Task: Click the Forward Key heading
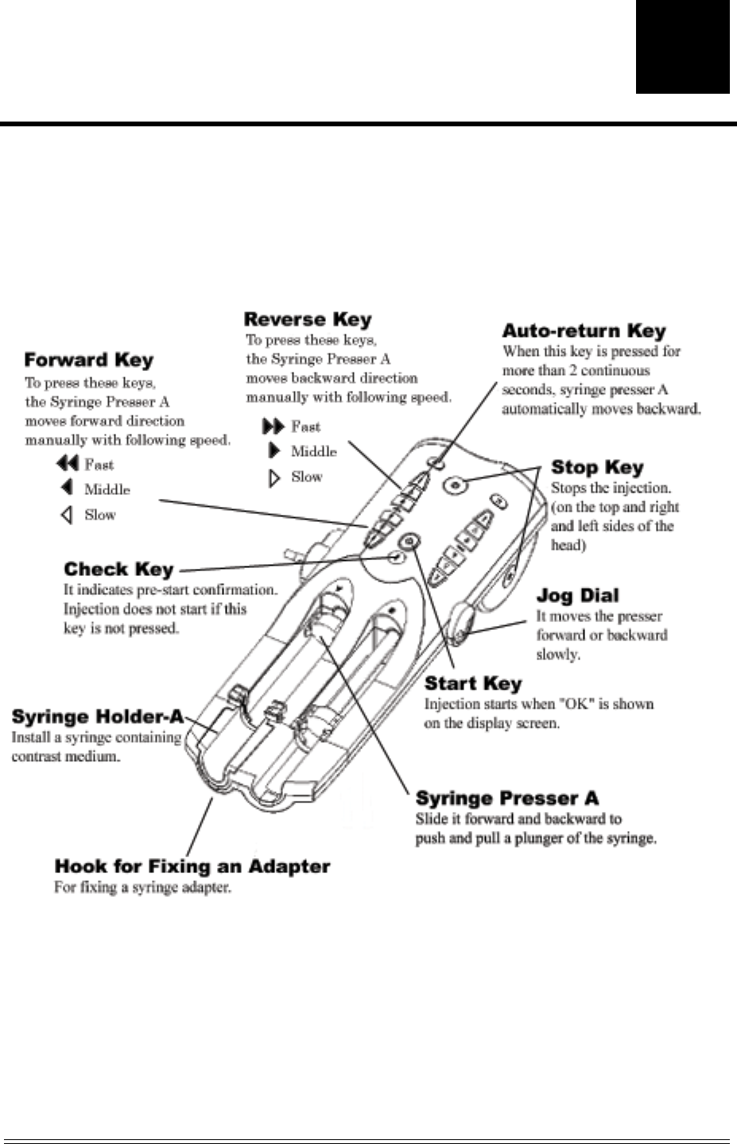click(x=89, y=360)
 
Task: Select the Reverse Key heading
click(x=308, y=319)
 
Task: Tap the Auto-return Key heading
click(x=584, y=330)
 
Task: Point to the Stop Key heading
click(x=597, y=467)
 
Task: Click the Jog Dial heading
click(x=577, y=595)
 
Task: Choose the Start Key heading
click(x=473, y=683)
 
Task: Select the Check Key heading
click(x=118, y=569)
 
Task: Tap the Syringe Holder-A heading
click(x=98, y=717)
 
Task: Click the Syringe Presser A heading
click(x=507, y=798)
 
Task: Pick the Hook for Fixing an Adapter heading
click(x=192, y=866)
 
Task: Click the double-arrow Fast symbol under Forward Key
click(x=67, y=464)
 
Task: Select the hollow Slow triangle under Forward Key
click(x=67, y=515)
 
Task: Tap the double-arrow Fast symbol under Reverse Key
click(x=273, y=427)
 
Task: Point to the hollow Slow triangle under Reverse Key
click(x=275, y=477)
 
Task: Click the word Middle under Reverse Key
click(x=313, y=451)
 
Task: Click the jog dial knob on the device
click(x=465, y=620)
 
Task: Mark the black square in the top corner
click(x=682, y=47)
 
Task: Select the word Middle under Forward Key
click(x=107, y=489)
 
